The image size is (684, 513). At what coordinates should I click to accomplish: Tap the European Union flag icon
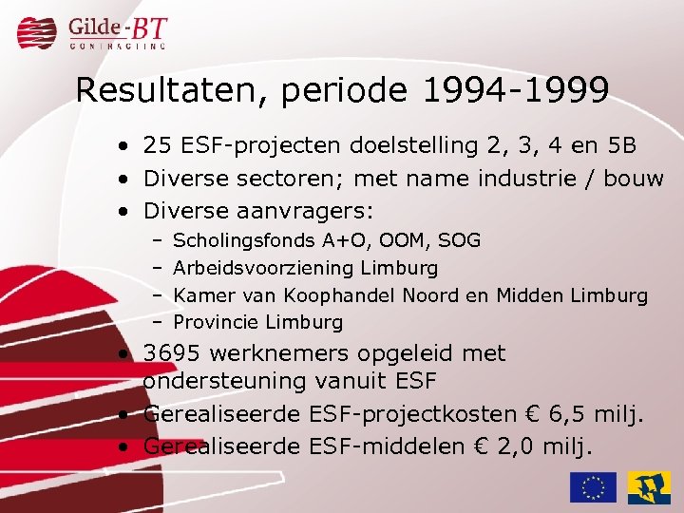pos(593,486)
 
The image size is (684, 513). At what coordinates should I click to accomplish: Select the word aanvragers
pos(313,210)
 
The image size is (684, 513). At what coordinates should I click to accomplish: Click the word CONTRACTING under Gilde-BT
pos(118,45)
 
